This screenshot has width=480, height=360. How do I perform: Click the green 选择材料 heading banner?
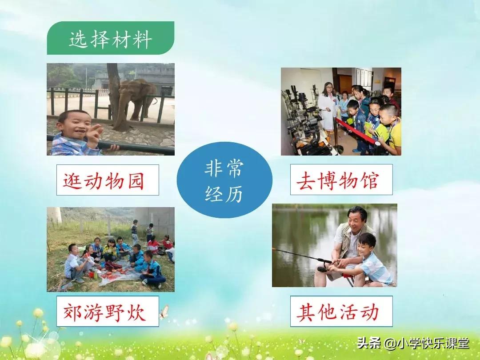110,39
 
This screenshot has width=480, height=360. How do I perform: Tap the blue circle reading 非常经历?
224,180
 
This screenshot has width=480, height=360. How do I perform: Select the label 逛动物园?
108,180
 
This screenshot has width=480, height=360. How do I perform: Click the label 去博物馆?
341,180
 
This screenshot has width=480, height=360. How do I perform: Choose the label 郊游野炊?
108,311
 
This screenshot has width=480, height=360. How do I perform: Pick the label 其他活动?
341,311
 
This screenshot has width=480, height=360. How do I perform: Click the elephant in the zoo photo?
133,100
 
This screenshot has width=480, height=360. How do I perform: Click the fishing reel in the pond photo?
322,268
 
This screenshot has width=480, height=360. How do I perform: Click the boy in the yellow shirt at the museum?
391,129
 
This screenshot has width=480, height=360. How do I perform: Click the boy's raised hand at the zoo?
95,134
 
